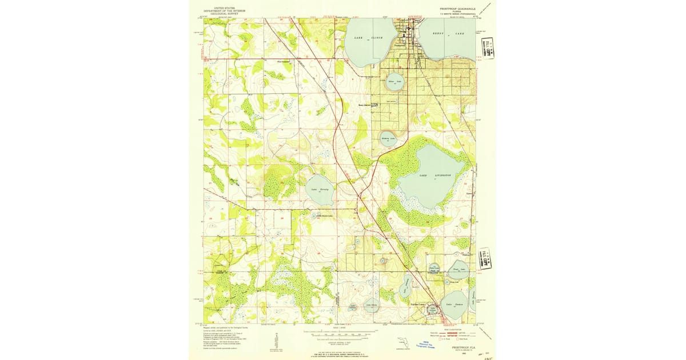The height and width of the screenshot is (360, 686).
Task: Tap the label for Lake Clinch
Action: coord(368,38)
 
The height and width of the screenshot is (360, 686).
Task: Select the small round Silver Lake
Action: coord(395,82)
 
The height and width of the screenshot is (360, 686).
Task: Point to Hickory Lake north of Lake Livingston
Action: coord(389,138)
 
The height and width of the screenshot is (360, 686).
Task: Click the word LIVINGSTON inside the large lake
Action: coord(442,175)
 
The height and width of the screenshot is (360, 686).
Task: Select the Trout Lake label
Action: coord(460,269)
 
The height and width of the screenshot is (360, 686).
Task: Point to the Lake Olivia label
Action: coord(371,305)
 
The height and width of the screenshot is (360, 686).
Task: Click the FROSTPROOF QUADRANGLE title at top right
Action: coord(461,9)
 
